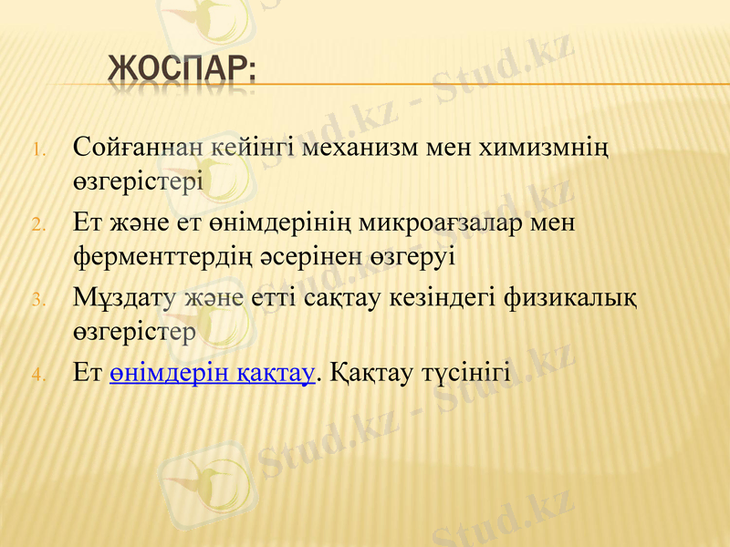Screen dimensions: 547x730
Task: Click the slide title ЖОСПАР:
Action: tap(181, 70)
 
